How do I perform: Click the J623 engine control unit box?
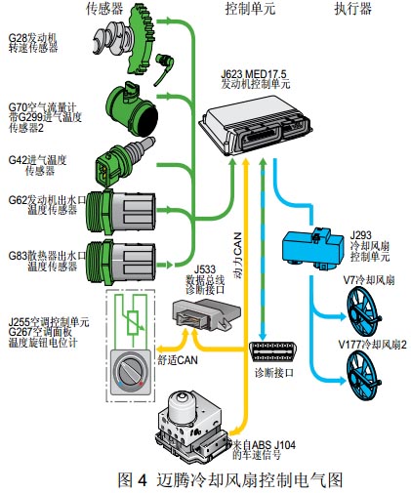point(256,125)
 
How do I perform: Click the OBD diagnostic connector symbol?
point(272,351)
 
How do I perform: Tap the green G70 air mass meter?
point(132,109)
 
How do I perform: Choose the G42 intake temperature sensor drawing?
point(124,161)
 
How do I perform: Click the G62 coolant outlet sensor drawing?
point(120,212)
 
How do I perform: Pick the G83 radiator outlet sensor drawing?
point(120,263)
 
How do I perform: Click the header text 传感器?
point(104,9)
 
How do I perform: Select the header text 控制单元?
point(250,9)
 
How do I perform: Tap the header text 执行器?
point(353,9)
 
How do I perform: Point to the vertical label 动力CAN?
point(238,255)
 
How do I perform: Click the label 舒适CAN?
point(178,360)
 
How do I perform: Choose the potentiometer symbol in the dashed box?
point(133,322)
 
